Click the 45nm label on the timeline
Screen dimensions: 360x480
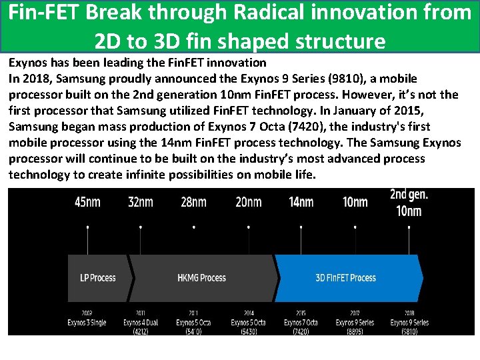coord(88,202)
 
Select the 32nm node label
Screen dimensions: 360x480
coord(140,202)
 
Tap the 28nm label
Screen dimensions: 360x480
coord(193,202)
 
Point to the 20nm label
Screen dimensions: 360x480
coord(248,202)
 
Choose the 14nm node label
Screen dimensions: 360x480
coord(301,202)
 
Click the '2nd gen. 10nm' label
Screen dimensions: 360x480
coord(409,203)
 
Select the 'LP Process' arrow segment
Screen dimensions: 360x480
coord(98,278)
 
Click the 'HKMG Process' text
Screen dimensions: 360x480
coord(202,278)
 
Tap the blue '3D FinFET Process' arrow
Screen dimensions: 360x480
coord(345,278)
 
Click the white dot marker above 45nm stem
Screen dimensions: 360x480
coord(88,227)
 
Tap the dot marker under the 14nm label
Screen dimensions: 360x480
coord(301,227)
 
